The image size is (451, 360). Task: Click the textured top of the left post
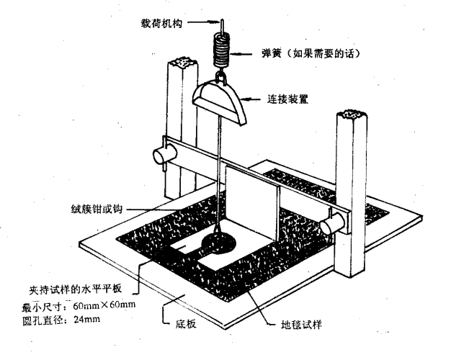[x=181, y=63]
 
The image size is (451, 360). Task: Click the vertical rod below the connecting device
[x=218, y=180]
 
